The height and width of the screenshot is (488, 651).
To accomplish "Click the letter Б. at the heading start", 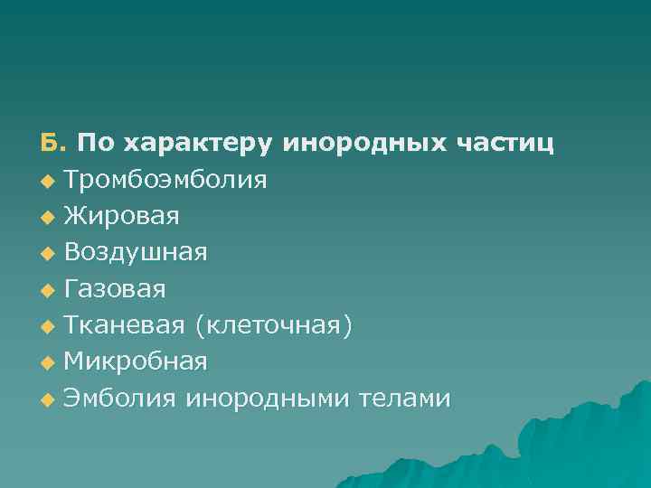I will click(x=52, y=144).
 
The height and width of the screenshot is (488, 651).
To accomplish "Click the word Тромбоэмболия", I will click(x=165, y=180).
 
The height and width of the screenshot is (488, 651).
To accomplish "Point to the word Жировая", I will click(x=122, y=216).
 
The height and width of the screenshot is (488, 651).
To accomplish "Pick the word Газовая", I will click(x=115, y=289).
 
